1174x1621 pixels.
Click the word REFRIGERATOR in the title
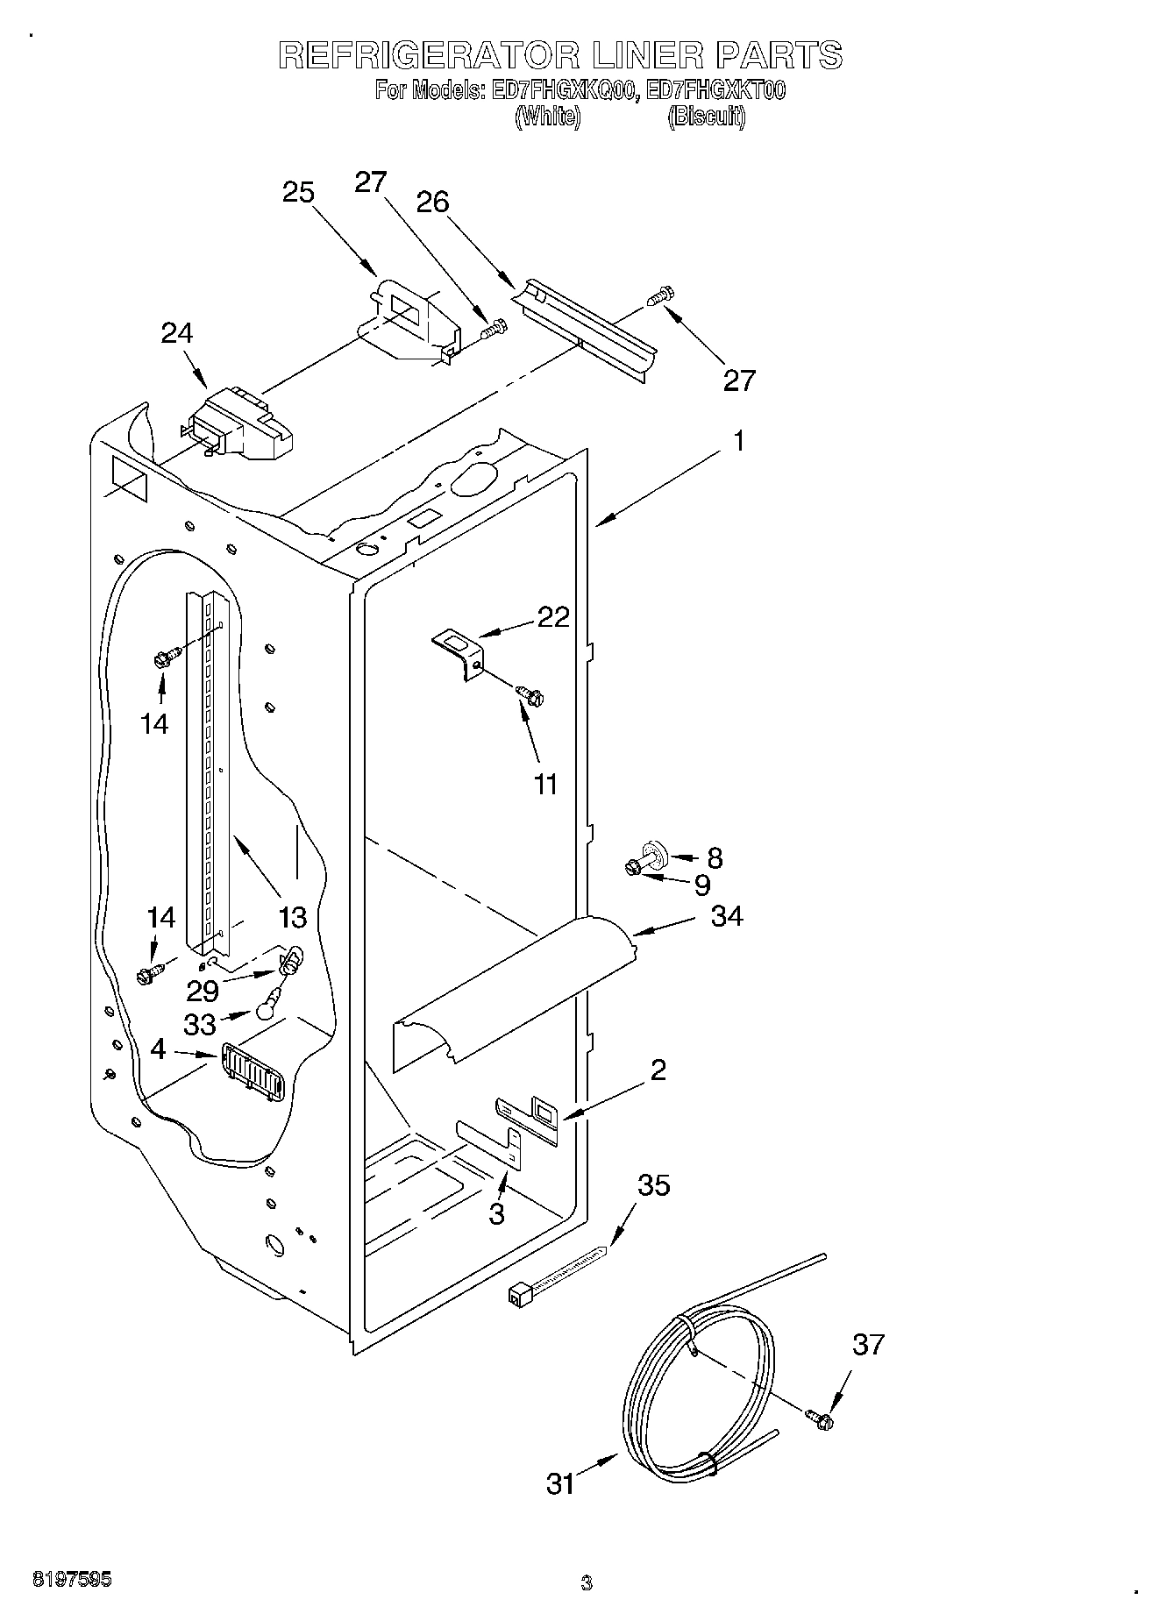(x=430, y=56)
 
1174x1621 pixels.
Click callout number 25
(x=299, y=191)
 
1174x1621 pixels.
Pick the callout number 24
(x=177, y=332)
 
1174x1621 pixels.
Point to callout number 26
(x=433, y=203)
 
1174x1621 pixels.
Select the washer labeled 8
(x=654, y=851)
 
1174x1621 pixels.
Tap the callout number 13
(x=293, y=917)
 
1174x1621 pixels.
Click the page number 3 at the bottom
(x=587, y=1583)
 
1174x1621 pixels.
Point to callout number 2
(x=658, y=1070)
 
